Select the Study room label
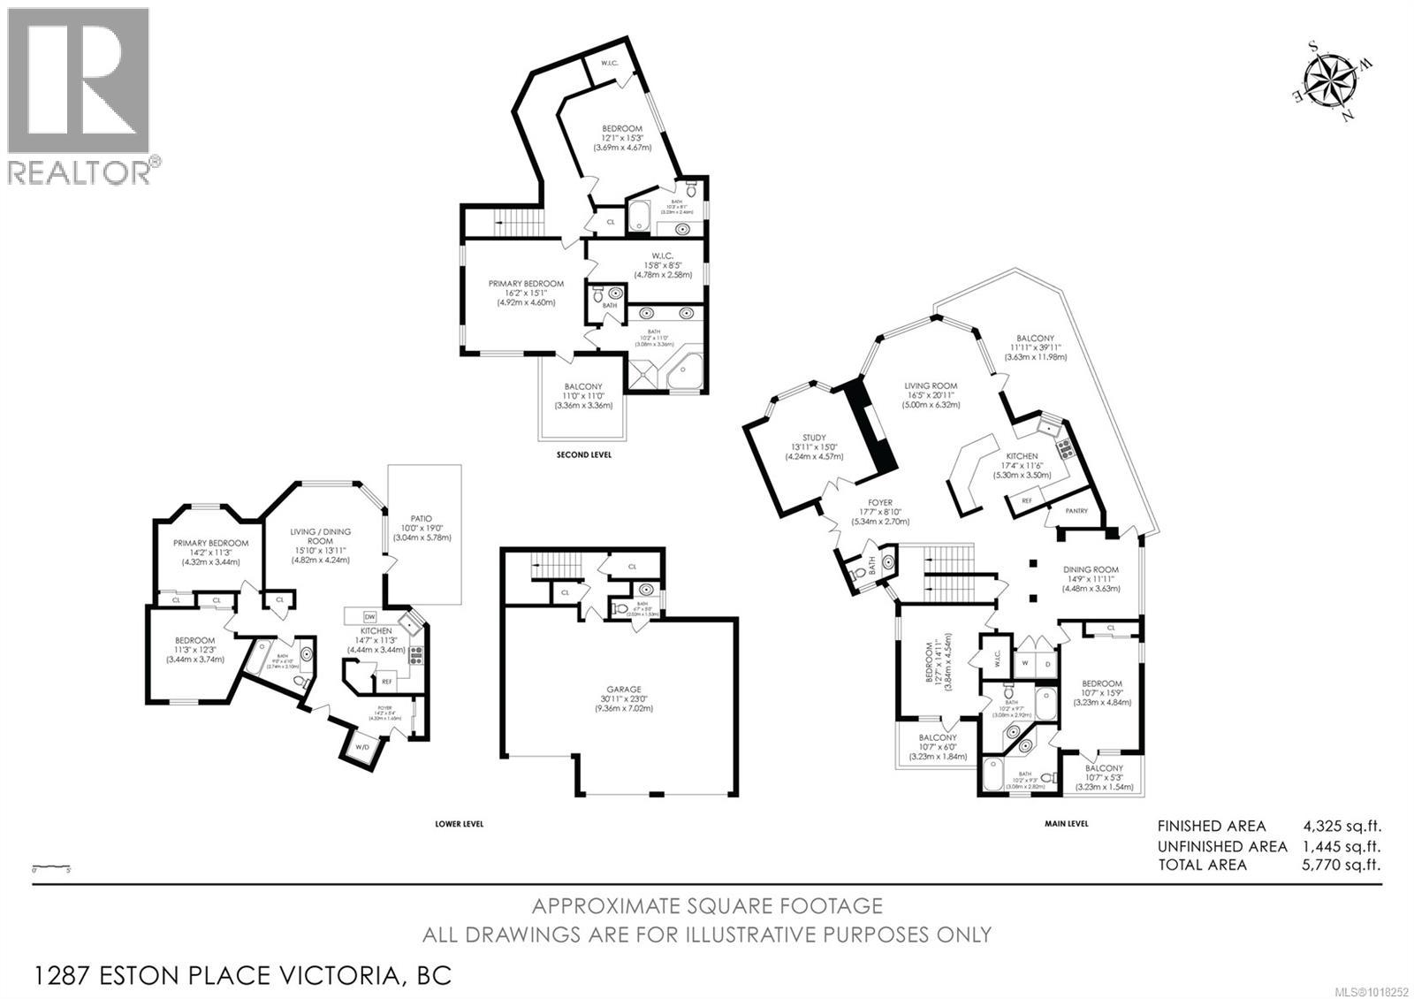point(814,438)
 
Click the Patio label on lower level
point(421,519)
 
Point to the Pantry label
point(1076,511)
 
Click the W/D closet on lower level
point(362,748)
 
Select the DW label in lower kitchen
point(369,617)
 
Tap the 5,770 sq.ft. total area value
point(1341,864)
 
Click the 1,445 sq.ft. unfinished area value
point(1341,846)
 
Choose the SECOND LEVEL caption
point(583,455)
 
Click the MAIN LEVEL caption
point(1067,823)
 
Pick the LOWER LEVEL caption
point(459,823)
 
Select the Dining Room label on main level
point(1091,570)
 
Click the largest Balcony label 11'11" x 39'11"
point(1035,339)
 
